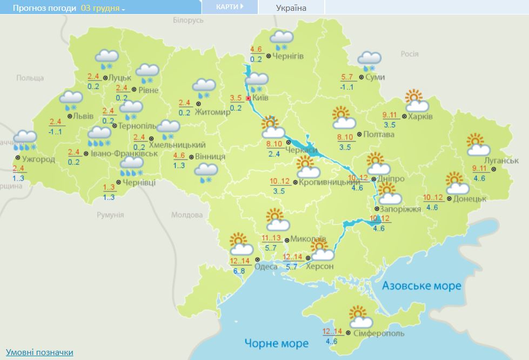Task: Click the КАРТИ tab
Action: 229,7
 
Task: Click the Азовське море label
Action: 421,285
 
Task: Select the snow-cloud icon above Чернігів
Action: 281,41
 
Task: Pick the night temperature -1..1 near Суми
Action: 346,87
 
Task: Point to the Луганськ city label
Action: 501,161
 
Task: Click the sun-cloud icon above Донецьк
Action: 457,184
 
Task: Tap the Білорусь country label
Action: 188,20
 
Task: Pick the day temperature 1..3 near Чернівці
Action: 109,187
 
